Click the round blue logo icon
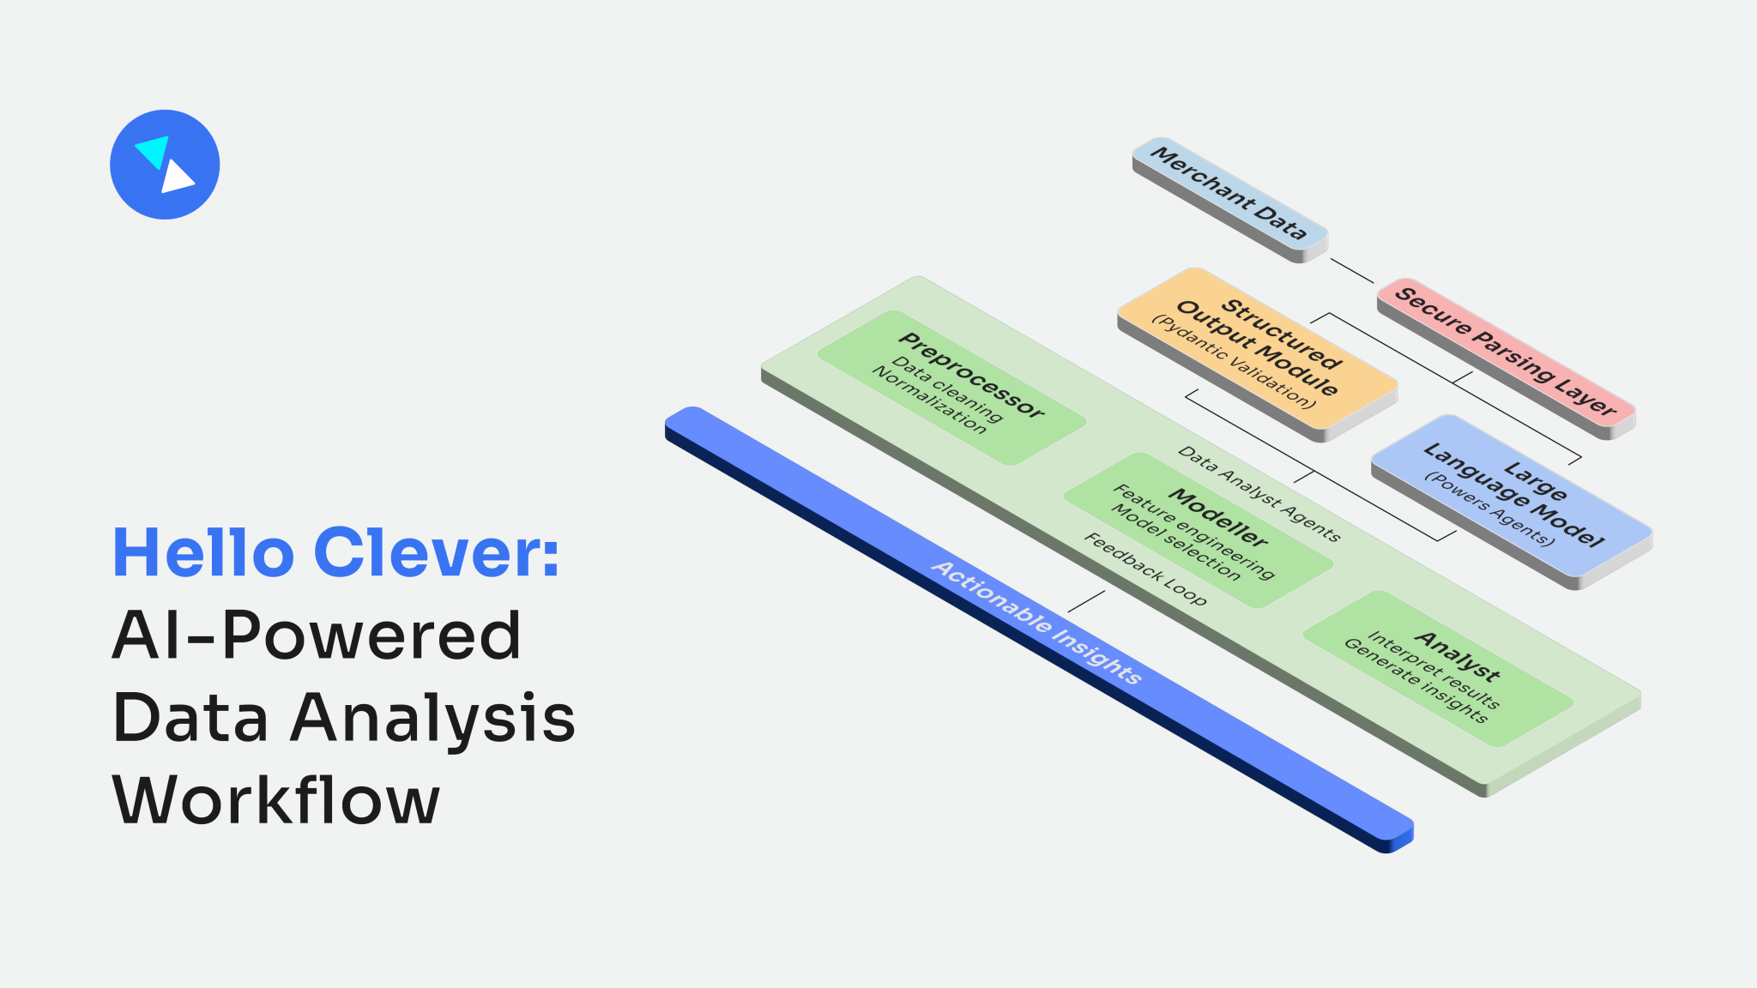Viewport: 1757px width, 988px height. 165,165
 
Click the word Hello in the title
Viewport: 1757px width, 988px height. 204,553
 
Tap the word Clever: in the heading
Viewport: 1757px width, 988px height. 437,553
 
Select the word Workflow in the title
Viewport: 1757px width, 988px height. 275,799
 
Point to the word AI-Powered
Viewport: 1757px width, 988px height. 317,636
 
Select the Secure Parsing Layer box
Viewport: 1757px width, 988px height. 1505,352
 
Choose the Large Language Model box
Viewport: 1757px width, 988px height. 1512,497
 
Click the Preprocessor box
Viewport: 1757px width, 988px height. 952,386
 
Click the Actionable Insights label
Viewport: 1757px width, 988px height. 1036,622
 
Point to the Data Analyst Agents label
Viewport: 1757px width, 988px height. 1258,493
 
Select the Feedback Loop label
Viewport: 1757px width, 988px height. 1145,568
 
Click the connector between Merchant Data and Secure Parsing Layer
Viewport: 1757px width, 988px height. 1351,270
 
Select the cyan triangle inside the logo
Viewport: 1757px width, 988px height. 153,151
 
